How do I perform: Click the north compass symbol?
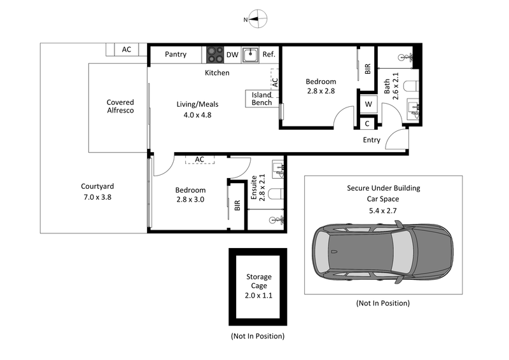255,19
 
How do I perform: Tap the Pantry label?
176,55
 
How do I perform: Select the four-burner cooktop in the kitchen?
214,55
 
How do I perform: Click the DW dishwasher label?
232,55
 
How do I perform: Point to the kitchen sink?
251,55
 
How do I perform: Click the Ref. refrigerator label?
269,55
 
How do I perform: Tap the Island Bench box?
261,99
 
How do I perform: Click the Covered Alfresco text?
120,106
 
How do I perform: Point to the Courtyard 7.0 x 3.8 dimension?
97,197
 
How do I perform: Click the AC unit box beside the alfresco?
126,50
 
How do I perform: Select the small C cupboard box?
368,124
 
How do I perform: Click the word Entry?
372,140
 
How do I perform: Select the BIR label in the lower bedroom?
237,205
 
